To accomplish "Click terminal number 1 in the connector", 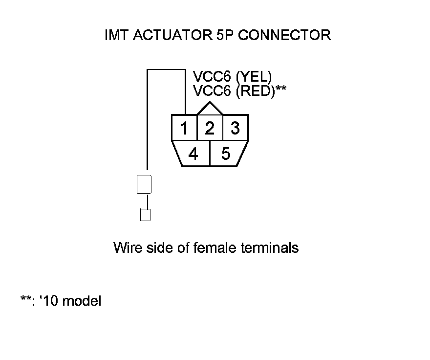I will (x=184, y=129).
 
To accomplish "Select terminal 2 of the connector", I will (x=210, y=129).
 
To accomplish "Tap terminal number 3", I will (x=236, y=129).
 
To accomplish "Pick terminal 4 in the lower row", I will (x=193, y=154).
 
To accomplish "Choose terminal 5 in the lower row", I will (x=226, y=154).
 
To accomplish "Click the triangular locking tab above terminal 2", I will (x=210, y=108).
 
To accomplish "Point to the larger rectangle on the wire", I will (x=145, y=184).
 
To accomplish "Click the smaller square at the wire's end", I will (x=145, y=215).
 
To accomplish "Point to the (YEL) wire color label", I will (x=253, y=77).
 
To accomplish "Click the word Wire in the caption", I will (x=128, y=247).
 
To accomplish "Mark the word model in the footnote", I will (x=82, y=301).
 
